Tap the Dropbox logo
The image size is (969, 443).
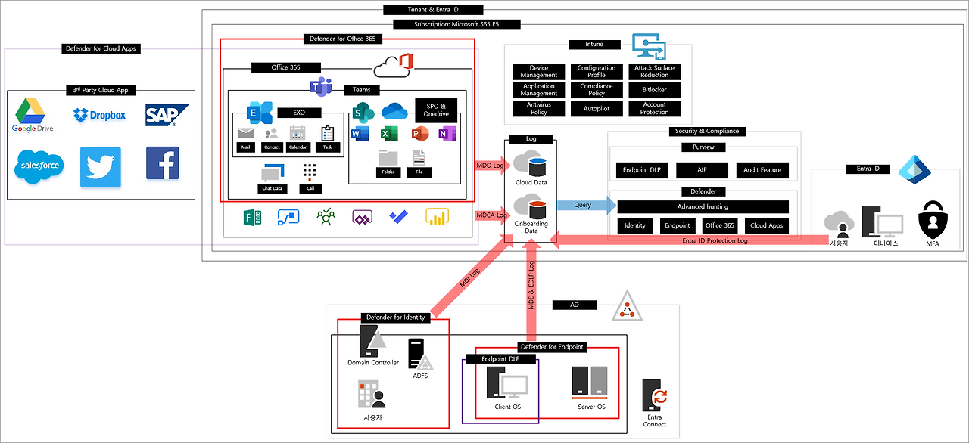[x=99, y=115]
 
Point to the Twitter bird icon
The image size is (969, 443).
[x=100, y=166]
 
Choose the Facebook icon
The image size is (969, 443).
[x=163, y=163]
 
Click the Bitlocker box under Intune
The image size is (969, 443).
[x=654, y=90]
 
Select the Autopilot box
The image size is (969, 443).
[x=597, y=109]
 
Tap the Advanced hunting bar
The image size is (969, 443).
[x=703, y=206]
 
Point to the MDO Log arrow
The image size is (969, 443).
[x=491, y=164]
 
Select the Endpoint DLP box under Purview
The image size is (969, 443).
[x=641, y=170]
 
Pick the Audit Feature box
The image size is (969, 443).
[x=762, y=170]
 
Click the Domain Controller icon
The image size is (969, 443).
[x=372, y=342]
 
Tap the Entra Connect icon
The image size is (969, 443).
[x=654, y=395]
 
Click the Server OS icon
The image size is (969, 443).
[x=590, y=382]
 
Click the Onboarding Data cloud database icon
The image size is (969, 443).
[x=530, y=206]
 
